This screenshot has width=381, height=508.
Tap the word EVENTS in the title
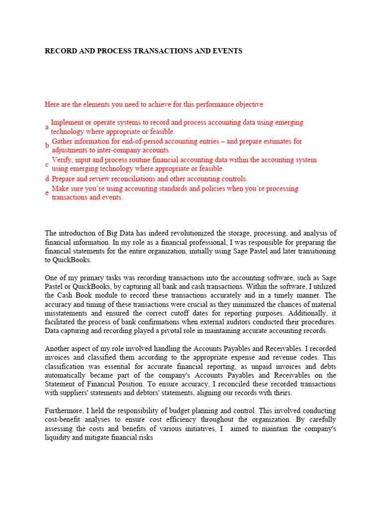point(226,51)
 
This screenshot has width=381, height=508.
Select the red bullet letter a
point(47,127)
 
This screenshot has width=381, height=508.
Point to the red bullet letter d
point(47,179)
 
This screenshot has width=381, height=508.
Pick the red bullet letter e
point(47,193)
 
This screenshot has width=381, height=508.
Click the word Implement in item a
point(68,122)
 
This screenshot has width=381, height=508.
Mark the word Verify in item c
point(62,160)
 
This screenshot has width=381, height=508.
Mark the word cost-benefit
point(63,421)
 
